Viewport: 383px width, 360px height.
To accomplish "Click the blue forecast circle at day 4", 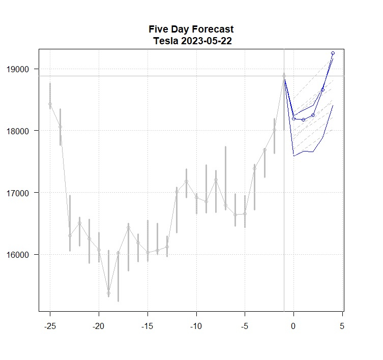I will point(333,53).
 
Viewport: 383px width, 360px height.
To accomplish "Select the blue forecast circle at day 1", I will point(303,119).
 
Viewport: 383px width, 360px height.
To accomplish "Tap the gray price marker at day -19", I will point(108,293).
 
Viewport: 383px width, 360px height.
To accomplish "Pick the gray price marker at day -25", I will point(50,104).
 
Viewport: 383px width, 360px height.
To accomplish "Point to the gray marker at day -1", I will point(284,75).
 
